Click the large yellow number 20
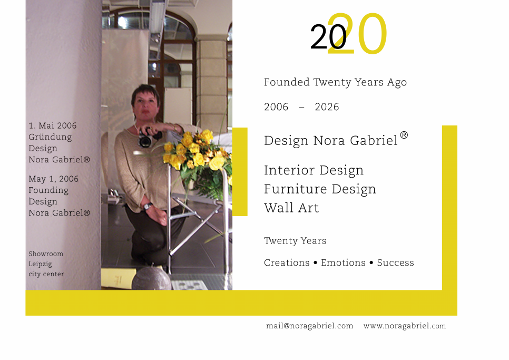point(357,33)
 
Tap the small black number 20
point(328,37)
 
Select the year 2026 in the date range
point(327,107)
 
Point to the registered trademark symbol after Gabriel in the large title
point(404,135)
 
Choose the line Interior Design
point(314,170)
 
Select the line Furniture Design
point(320,189)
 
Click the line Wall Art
point(291,208)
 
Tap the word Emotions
point(343,262)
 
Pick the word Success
point(395,262)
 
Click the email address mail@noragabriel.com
point(310,326)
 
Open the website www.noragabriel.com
point(405,326)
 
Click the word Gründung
point(50,138)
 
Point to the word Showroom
point(46,254)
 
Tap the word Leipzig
point(40,264)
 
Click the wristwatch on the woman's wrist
point(148,206)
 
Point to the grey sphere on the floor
point(151,278)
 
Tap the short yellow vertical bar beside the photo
point(240,172)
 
